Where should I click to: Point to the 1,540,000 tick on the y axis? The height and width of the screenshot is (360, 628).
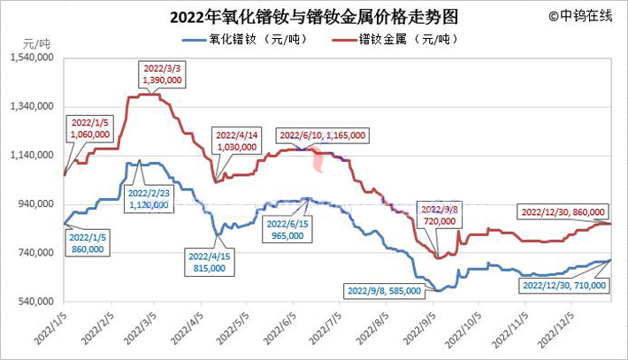click(32, 57)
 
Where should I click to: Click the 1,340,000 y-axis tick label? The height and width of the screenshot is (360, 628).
click(32, 106)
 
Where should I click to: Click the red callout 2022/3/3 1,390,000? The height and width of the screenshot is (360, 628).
click(162, 73)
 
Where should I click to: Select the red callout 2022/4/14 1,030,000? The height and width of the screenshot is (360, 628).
click(236, 141)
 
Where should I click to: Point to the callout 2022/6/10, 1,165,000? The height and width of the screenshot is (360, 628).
click(322, 134)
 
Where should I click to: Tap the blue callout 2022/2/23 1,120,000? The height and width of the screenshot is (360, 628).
click(148, 198)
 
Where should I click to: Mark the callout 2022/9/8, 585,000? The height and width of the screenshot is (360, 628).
click(386, 289)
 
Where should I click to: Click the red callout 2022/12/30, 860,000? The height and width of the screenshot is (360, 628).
click(563, 212)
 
